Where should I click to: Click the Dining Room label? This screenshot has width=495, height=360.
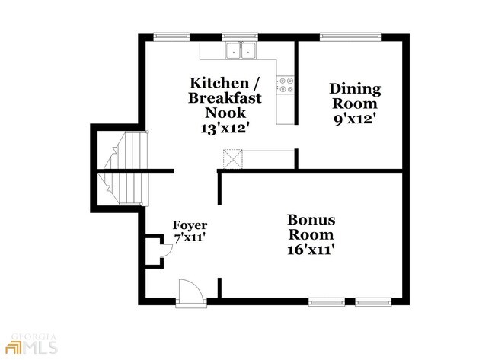coord(355,96)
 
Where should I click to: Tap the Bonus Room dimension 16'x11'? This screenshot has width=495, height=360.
coord(311,250)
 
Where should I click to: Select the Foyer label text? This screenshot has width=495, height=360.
coord(190,225)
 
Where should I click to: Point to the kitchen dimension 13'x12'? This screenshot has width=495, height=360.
coord(223,128)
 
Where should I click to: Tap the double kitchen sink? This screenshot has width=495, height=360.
coord(241,50)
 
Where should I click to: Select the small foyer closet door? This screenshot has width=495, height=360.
coord(166,251)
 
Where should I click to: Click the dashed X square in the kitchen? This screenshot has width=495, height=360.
coord(233,159)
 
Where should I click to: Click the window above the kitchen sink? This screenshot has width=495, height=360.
coord(240,37)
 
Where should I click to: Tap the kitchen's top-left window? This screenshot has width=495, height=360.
coord(171,37)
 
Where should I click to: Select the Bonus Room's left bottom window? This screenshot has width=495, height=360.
coord(327,302)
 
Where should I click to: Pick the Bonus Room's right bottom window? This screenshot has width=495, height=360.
coord(373,302)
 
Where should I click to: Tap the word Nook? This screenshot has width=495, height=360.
coord(225,113)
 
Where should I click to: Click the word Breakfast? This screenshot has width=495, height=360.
coord(225,98)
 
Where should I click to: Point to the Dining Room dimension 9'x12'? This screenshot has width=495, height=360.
coord(355,119)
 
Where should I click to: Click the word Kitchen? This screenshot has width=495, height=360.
coord(219,83)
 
